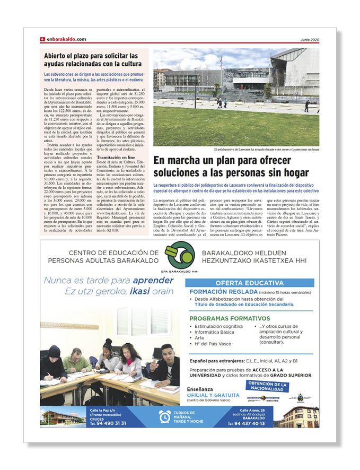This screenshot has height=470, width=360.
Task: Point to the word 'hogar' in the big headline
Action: pyautogui.click(x=291, y=172)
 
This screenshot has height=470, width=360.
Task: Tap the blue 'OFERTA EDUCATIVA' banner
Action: pyautogui.click(x=249, y=283)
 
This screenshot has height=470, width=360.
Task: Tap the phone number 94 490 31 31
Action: pyautogui.click(x=108, y=423)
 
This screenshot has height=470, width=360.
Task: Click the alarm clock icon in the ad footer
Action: pyautogui.click(x=165, y=416)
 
